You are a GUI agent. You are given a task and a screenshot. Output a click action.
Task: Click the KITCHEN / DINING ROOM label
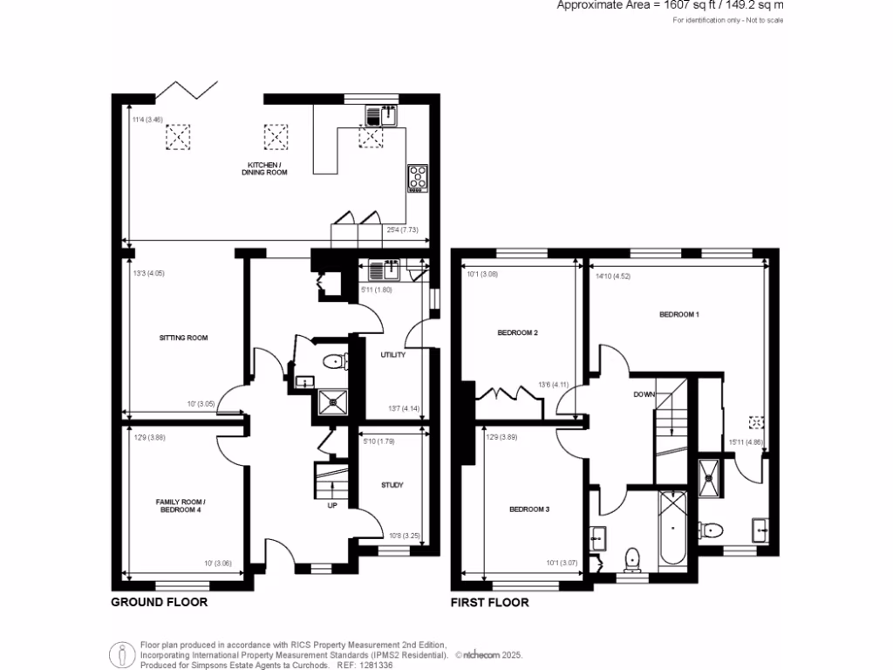(264, 168)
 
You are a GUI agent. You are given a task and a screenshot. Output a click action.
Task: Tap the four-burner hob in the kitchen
(418, 177)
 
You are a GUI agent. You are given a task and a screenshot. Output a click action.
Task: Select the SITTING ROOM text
(183, 338)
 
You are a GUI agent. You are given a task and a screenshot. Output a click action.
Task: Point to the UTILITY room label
(393, 355)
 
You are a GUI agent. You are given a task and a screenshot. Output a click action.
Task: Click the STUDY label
(392, 485)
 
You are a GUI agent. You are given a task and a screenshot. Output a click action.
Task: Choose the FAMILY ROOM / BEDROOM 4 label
(181, 505)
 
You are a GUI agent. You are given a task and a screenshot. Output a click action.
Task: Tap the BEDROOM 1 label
(678, 314)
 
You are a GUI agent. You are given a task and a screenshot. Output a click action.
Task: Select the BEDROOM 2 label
(517, 332)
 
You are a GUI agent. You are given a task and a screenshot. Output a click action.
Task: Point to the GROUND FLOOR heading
(159, 602)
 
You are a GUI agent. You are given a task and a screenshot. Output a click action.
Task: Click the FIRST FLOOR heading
(489, 602)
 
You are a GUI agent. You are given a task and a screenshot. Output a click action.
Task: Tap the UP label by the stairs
(331, 505)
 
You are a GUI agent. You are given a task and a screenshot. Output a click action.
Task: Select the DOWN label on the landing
(644, 394)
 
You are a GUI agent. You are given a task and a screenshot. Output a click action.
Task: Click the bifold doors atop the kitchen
(185, 89)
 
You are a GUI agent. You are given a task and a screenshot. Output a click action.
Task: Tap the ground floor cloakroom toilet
(333, 361)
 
